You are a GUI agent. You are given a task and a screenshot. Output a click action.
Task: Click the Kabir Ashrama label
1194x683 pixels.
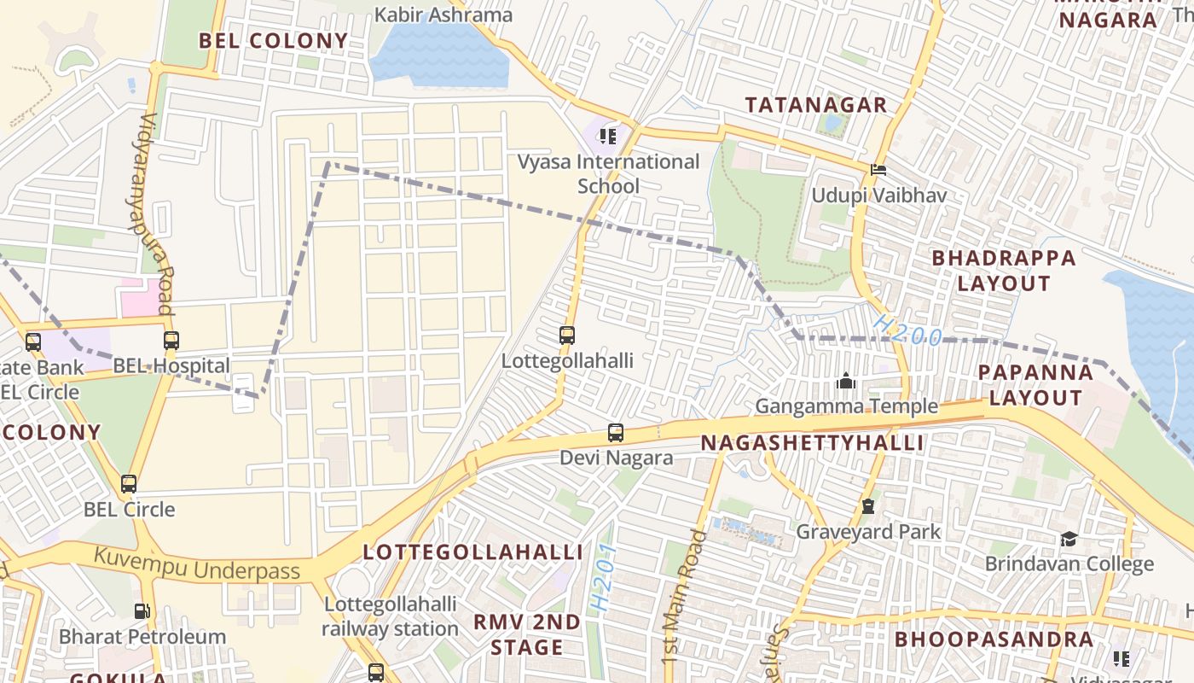tap(443, 15)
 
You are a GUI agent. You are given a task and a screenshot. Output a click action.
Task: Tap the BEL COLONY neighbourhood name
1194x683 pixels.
tap(274, 40)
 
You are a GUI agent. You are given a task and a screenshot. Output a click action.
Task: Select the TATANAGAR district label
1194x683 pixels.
tap(816, 105)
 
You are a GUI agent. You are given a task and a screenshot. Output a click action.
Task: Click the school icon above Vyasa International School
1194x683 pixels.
tap(607, 136)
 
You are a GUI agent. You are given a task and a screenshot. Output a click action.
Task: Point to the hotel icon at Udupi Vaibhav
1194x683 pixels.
tap(878, 170)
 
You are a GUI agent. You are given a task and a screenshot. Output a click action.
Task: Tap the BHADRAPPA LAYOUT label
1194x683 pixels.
tap(1004, 270)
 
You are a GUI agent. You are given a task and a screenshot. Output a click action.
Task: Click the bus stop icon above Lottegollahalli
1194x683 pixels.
tap(567, 336)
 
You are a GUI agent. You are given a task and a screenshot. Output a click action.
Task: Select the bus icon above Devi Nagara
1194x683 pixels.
tap(616, 433)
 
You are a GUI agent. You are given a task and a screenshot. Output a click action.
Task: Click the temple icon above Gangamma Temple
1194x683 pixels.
tap(846, 381)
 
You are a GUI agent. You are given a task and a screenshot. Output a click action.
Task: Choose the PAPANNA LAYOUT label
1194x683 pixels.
tap(1035, 384)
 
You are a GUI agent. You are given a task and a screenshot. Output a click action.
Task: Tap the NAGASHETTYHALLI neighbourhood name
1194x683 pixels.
tap(813, 443)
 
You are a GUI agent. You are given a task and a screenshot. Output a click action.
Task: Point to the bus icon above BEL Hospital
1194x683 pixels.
tap(171, 341)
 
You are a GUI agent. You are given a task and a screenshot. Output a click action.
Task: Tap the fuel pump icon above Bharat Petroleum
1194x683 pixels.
tap(142, 611)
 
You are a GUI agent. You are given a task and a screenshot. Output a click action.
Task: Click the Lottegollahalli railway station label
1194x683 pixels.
tap(390, 616)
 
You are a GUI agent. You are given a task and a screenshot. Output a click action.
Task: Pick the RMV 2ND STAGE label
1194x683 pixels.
tap(527, 634)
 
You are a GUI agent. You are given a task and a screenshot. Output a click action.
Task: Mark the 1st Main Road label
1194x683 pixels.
tap(685, 596)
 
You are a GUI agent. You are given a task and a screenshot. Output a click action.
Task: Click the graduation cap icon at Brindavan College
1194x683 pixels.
tap(1069, 539)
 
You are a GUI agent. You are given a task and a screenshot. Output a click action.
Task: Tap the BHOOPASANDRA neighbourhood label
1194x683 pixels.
tap(994, 639)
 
